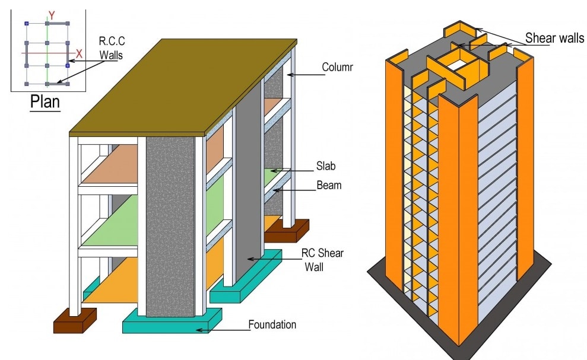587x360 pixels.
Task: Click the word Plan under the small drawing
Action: [x=45, y=101]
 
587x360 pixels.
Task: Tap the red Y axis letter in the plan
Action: [x=52, y=16]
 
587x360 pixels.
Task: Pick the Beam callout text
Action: [x=329, y=185]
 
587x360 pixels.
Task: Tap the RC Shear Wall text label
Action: [x=322, y=259]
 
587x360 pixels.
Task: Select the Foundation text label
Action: [x=272, y=324]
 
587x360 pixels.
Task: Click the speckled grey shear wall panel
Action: [x=170, y=225]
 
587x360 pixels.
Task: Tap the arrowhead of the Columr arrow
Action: [x=286, y=74]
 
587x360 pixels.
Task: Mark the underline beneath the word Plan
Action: [x=45, y=112]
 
